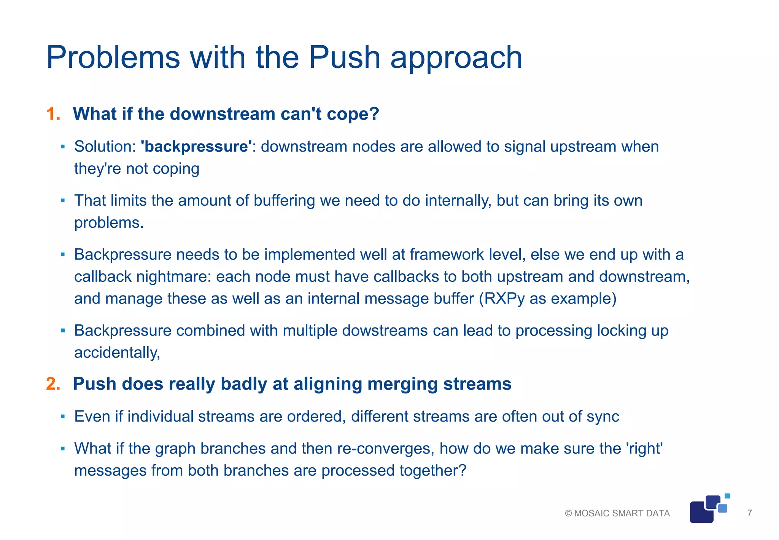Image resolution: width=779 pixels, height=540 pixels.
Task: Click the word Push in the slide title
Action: [x=344, y=58]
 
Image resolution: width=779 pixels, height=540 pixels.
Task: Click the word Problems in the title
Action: [x=113, y=58]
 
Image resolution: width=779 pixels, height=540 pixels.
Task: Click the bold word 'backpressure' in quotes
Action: [x=196, y=147]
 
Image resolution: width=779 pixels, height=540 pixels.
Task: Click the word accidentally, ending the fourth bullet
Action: [x=117, y=353]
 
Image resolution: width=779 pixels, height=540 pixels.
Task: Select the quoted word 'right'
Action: [x=644, y=449]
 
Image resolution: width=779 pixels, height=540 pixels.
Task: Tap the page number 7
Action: [x=749, y=513]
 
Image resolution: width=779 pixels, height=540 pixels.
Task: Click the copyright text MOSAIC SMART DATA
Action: [x=622, y=513]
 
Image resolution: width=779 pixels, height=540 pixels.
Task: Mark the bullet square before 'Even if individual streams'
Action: [x=63, y=417]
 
